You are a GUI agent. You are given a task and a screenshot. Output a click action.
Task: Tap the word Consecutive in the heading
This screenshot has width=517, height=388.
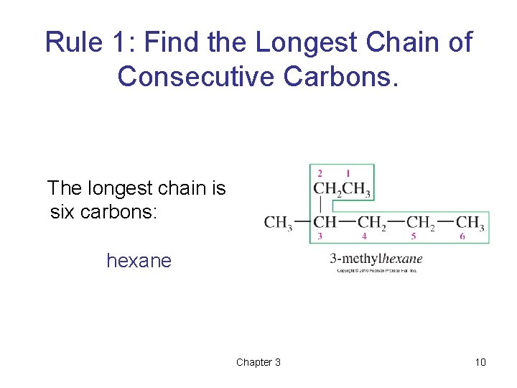pyautogui.click(x=196, y=75)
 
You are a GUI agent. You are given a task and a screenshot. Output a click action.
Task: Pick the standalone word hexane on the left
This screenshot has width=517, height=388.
pyautogui.click(x=139, y=260)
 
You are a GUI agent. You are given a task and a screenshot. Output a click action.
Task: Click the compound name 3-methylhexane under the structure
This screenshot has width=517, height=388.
pyautogui.click(x=376, y=259)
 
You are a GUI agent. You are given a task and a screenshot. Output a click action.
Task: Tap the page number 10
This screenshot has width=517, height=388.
pyautogui.click(x=480, y=362)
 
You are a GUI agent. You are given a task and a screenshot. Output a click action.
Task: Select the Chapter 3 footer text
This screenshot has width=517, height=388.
pyautogui.click(x=258, y=362)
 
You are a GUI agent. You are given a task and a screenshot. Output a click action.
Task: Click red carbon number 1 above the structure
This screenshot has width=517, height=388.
pyautogui.click(x=348, y=173)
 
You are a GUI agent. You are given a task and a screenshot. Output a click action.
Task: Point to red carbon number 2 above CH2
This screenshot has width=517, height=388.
pyautogui.click(x=320, y=173)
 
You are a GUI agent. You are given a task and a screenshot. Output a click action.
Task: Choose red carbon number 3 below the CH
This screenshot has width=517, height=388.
pyautogui.click(x=320, y=236)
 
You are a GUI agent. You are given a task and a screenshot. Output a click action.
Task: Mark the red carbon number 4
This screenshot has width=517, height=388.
pyautogui.click(x=364, y=236)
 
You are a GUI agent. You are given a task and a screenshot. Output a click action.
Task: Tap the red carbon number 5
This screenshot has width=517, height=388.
pyautogui.click(x=414, y=236)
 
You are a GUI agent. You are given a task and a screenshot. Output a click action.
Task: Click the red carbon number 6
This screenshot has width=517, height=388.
pyautogui.click(x=462, y=236)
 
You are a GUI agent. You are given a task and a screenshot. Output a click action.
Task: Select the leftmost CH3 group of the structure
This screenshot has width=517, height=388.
pyautogui.click(x=278, y=223)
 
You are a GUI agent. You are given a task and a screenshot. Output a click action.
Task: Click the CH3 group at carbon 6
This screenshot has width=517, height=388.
pyautogui.click(x=470, y=223)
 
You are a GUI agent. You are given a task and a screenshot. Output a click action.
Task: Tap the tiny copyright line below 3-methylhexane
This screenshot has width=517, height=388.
pyautogui.click(x=376, y=270)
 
